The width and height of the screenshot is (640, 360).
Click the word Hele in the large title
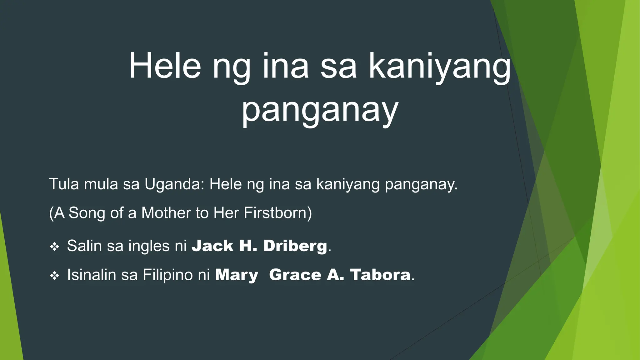tap(165, 66)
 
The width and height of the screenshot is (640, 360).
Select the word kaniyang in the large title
tap(440, 67)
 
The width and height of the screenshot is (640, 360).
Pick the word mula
tap(101, 184)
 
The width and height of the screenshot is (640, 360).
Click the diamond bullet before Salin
tap(54, 247)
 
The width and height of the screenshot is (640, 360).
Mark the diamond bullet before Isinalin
tap(54, 276)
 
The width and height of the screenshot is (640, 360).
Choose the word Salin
tap(84, 246)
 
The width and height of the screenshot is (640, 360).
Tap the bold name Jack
tap(212, 246)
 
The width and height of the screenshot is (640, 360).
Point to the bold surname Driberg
tap(295, 246)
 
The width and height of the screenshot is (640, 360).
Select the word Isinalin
tap(91, 275)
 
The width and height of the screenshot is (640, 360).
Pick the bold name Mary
tap(237, 275)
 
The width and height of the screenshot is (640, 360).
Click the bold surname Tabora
tap(380, 275)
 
